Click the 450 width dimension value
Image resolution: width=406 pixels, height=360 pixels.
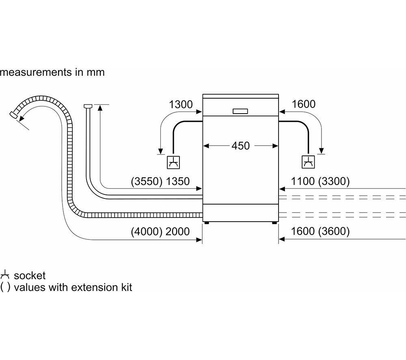[x=240, y=146]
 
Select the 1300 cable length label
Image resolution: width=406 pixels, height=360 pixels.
[x=181, y=105]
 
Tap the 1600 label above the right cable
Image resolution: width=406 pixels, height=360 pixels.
[x=303, y=104]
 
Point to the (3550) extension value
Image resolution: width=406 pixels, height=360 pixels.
[x=147, y=181]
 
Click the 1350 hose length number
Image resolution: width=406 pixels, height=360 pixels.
[x=178, y=181]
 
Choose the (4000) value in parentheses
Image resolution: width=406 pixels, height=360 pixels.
[x=147, y=231]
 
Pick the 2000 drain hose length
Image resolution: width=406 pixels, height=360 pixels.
[x=178, y=231]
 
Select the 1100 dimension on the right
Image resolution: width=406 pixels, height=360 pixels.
[x=303, y=181]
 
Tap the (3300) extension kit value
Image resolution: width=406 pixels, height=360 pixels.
[x=334, y=181]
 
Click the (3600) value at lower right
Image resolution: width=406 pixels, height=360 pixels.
[x=334, y=231]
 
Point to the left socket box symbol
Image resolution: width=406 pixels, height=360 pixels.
[x=173, y=162]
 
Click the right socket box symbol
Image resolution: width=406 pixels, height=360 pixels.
[x=309, y=162]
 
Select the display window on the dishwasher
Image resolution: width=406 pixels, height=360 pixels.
[x=240, y=111]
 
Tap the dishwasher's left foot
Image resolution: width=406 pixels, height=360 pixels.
[x=206, y=222]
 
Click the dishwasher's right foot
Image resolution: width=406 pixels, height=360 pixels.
[x=274, y=222]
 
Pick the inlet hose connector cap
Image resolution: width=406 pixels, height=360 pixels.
[x=88, y=106]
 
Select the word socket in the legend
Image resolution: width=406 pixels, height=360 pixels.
[x=30, y=276]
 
